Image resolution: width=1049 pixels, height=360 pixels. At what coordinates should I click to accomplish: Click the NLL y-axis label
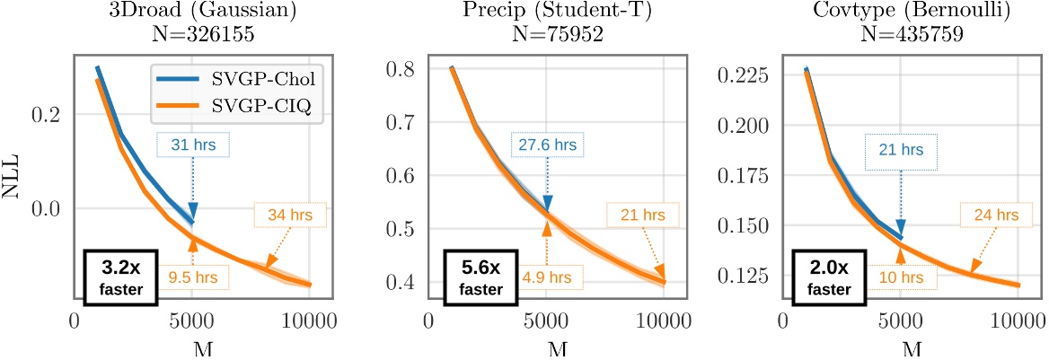[13, 175]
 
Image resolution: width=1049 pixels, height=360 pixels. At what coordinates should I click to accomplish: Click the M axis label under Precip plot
[547, 348]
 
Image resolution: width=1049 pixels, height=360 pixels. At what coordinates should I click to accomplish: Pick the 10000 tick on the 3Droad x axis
[310, 320]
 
